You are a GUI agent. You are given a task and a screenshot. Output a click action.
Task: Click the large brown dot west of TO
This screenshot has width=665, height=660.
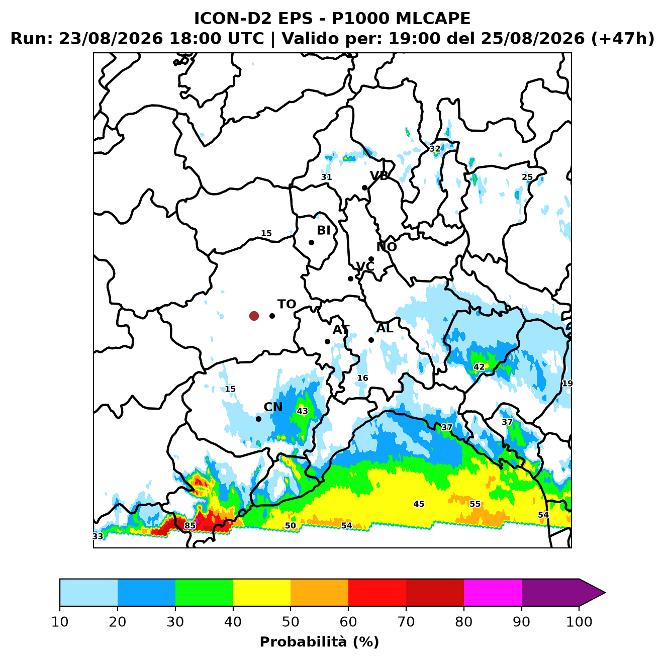[x=254, y=316]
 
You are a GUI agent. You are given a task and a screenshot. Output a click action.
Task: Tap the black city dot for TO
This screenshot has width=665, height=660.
[x=272, y=316]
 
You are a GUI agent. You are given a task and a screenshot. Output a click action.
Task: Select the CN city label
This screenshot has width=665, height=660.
[x=273, y=407]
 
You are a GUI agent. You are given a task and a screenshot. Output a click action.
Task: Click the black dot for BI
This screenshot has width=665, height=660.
[x=311, y=243]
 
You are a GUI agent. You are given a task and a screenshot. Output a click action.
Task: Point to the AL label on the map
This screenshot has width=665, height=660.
[x=385, y=328]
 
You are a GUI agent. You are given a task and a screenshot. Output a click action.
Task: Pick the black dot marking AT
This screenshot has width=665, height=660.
[x=327, y=342]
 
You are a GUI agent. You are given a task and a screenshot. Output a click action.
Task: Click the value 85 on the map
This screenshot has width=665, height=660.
[x=190, y=526]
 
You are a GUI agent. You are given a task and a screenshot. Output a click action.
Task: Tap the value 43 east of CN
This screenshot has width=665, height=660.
[x=302, y=411]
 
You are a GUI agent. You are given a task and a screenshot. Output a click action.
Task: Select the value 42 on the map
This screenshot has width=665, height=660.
[x=479, y=367]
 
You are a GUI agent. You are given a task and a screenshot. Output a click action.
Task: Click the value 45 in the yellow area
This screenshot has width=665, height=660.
[x=419, y=504]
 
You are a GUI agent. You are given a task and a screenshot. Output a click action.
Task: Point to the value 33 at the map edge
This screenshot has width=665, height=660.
[x=98, y=536]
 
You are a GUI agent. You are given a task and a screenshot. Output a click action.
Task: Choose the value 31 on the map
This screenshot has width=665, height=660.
[x=326, y=177]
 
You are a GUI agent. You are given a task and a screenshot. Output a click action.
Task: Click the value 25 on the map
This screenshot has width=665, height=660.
[x=527, y=177]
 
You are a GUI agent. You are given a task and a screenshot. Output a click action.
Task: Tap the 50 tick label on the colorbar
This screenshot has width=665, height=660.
[x=291, y=622]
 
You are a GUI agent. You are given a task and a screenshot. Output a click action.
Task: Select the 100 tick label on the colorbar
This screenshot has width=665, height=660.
[x=579, y=622]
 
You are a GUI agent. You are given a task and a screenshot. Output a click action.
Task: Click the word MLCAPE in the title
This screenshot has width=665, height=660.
[x=433, y=18]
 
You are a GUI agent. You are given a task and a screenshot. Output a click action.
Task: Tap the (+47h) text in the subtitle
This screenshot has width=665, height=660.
[x=622, y=39]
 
